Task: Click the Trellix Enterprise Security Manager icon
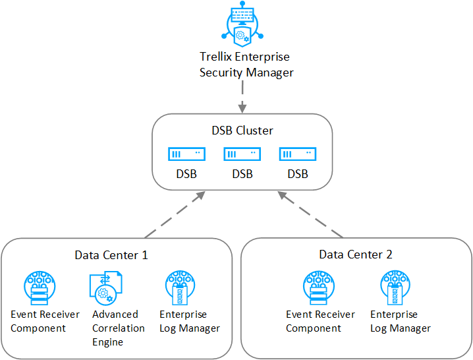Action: pos(242,24)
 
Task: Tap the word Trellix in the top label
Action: pos(215,57)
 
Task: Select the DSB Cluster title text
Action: pos(242,131)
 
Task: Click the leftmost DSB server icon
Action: pos(186,154)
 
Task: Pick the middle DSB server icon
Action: pos(242,154)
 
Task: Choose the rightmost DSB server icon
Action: pos(298,154)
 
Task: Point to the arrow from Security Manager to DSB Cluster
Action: pos(242,97)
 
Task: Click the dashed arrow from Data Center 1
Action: pos(175,214)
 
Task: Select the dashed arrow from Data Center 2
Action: pos(310,214)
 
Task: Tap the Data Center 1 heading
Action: pos(111,255)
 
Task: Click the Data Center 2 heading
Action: pos(356,255)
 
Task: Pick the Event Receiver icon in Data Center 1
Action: pos(40,288)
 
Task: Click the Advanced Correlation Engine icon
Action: pos(106,288)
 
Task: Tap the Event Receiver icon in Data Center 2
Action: pos(319,288)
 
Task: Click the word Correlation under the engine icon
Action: pos(119,328)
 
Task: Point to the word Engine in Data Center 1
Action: pos(107,342)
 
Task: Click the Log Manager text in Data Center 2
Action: pos(401,328)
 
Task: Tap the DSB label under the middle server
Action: pos(242,174)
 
